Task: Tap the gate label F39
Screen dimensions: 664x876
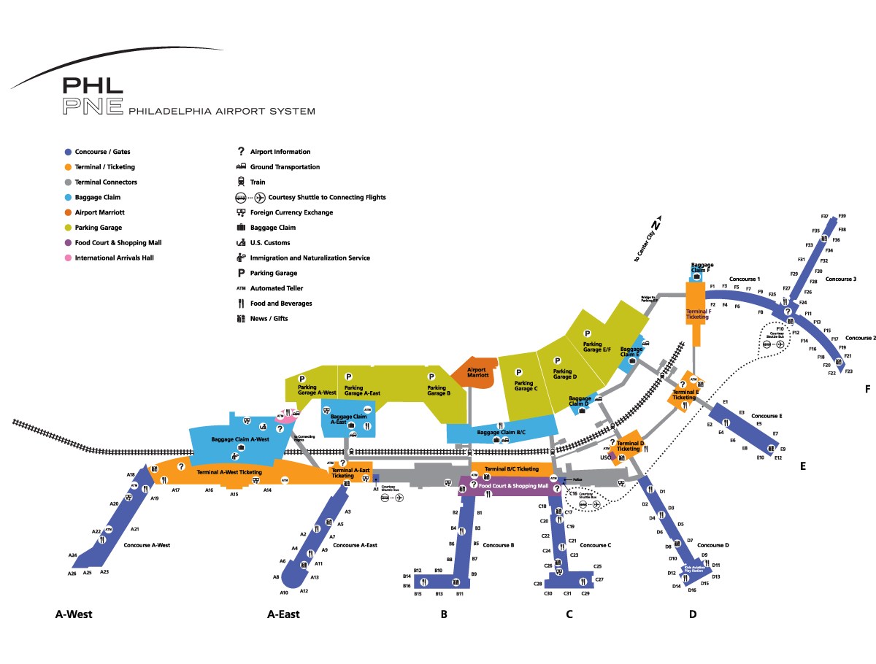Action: [842, 216]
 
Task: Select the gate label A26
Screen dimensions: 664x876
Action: [72, 574]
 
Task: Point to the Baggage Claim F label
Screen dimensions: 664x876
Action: [702, 268]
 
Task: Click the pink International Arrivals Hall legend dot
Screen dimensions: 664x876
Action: [68, 258]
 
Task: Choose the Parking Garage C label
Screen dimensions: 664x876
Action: [525, 386]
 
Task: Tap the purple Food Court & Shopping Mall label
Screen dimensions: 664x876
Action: [512, 485]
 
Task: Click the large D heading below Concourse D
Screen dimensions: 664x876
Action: [693, 614]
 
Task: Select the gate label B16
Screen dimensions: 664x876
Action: [407, 586]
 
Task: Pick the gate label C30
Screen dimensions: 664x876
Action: [548, 594]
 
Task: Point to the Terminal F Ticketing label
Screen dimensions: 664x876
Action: [697, 314]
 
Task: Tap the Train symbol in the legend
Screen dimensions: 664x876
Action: [240, 182]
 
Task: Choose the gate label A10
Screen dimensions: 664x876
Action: [284, 592]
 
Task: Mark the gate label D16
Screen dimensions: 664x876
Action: [692, 590]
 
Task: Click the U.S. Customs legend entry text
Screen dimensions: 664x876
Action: [270, 243]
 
